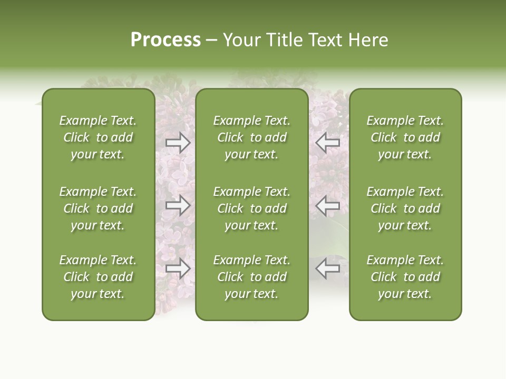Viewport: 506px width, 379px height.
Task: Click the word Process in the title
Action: (x=166, y=40)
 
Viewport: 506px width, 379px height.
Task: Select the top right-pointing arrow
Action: (x=178, y=143)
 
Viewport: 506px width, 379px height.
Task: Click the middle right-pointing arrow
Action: (x=178, y=205)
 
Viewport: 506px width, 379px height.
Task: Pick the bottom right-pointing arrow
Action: (x=178, y=268)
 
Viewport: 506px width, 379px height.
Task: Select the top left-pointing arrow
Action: (x=328, y=143)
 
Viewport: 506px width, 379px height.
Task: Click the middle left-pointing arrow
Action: (x=328, y=205)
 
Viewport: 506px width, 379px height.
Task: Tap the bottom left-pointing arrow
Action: (x=328, y=268)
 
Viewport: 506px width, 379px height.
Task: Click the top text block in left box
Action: (x=98, y=137)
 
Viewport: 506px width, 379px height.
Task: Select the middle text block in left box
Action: (x=98, y=208)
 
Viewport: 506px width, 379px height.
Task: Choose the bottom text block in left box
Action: (x=98, y=277)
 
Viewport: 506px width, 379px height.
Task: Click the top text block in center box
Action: (x=251, y=137)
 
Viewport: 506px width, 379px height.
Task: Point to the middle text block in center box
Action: (x=251, y=208)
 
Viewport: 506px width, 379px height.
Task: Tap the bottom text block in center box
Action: (x=251, y=277)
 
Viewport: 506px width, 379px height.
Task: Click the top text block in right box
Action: (x=405, y=137)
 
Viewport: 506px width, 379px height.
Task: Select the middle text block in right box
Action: (x=405, y=208)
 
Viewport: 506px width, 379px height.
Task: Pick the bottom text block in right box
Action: (x=405, y=277)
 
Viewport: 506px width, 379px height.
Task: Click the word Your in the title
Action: (x=242, y=40)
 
